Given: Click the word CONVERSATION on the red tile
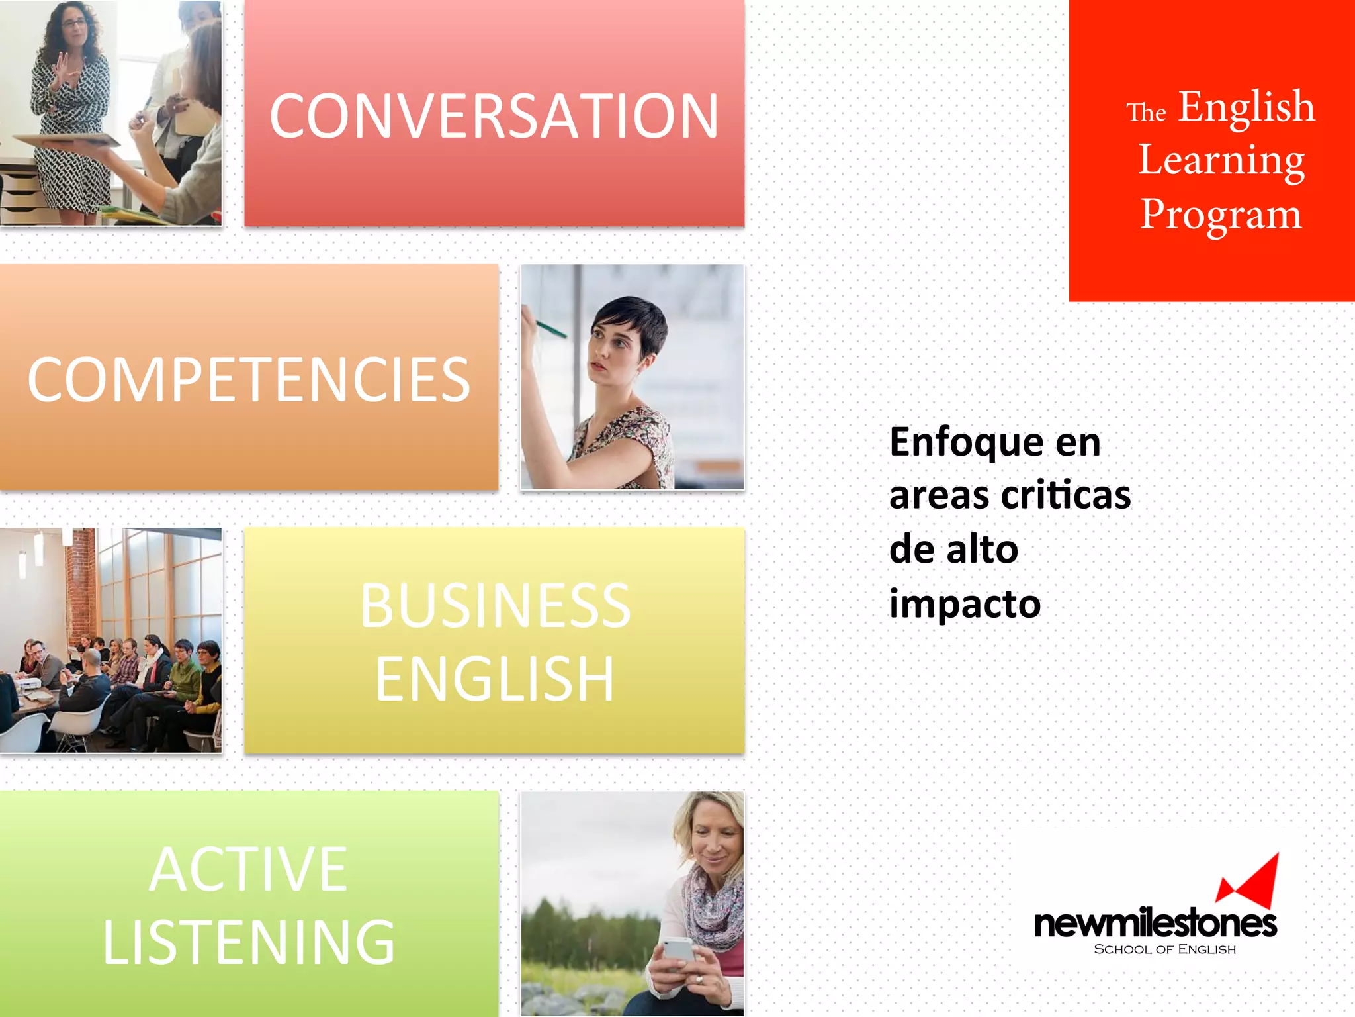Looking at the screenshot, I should click(494, 117).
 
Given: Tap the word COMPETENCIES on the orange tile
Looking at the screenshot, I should click(249, 379).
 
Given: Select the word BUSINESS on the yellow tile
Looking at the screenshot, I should click(495, 606).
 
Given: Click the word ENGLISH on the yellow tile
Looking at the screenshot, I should click(495, 679).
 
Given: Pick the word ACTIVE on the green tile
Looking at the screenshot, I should click(249, 869).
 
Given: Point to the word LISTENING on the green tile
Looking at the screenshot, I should click(249, 942).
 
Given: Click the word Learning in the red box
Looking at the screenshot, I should click(1221, 161).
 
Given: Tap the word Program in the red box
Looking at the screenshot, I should click(1221, 215).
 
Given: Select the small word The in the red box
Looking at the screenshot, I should click(1146, 113).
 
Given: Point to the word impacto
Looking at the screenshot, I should click(965, 605).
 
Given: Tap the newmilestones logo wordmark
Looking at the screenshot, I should click(1155, 924).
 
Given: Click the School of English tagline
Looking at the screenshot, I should click(1164, 949).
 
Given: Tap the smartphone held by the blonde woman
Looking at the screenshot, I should click(679, 949).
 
